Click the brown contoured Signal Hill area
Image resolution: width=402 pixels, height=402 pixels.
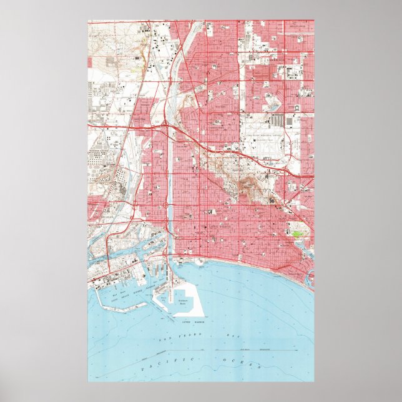tap(247, 184)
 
